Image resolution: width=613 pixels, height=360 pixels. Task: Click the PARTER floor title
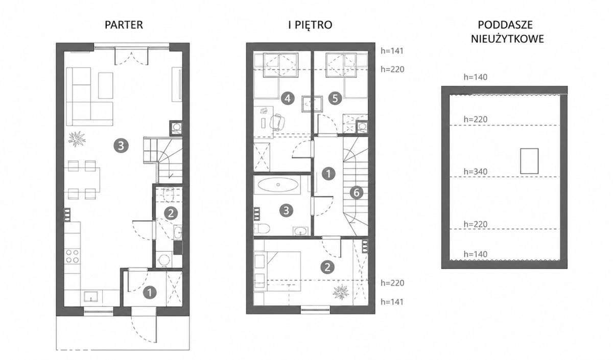pos(124,25)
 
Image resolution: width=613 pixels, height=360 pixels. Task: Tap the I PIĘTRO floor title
pos(311,25)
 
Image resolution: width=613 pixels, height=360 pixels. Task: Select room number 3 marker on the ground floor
pos(121,146)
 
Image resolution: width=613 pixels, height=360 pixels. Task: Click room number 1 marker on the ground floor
pos(150,293)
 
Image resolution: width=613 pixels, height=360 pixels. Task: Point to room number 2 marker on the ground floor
pos(171,213)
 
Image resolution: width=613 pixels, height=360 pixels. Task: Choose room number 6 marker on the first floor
pos(357,193)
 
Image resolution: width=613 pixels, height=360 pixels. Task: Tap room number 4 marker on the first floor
pos(287,98)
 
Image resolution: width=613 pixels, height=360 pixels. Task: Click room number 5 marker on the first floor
pos(335,98)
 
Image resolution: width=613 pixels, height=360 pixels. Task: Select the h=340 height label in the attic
pos(476,172)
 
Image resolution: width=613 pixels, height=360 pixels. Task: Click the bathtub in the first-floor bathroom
pos(278,185)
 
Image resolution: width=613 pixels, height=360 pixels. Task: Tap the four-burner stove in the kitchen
pos(72,256)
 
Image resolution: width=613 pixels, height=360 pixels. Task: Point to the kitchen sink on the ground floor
pos(91,296)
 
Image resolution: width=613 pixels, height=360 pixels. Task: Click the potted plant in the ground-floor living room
pos(77,138)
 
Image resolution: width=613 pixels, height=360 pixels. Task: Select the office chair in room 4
pos(277,122)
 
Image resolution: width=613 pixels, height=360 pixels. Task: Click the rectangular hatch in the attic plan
pos(529,161)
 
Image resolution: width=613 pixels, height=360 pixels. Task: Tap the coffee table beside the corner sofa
pos(105,85)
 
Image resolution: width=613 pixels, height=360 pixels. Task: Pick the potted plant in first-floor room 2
pos(341,292)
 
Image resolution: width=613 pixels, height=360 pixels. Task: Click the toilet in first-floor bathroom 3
pos(262,229)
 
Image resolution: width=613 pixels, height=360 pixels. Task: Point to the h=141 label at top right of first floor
pos(392,51)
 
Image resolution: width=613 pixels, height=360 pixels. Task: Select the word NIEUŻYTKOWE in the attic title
pos(507,39)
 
